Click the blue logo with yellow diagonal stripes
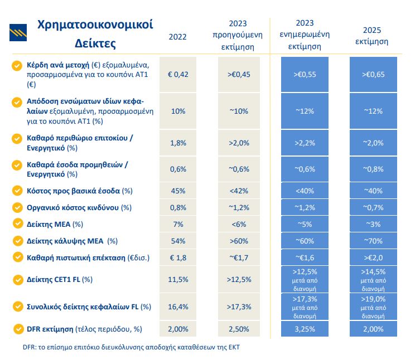tap(18, 33)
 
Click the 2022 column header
tap(177, 37)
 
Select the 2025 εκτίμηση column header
tap(372, 36)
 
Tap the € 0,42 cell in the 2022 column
tap(178, 75)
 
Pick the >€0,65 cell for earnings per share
tap(373, 75)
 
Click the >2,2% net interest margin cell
tap(305, 143)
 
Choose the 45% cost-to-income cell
tap(178, 191)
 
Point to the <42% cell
tap(239, 191)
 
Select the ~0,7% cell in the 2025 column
tap(373, 207)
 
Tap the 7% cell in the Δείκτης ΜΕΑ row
tap(178, 224)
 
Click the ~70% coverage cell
tap(373, 241)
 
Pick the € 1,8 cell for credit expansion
tap(178, 257)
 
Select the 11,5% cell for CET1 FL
tap(178, 279)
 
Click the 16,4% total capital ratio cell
tap(178, 307)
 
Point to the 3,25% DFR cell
tap(305, 329)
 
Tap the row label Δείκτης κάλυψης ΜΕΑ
tap(72, 241)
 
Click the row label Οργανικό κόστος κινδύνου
tap(79, 208)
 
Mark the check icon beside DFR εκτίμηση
tap(18, 329)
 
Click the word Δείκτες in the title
tap(95, 43)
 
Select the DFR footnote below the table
tap(131, 347)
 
